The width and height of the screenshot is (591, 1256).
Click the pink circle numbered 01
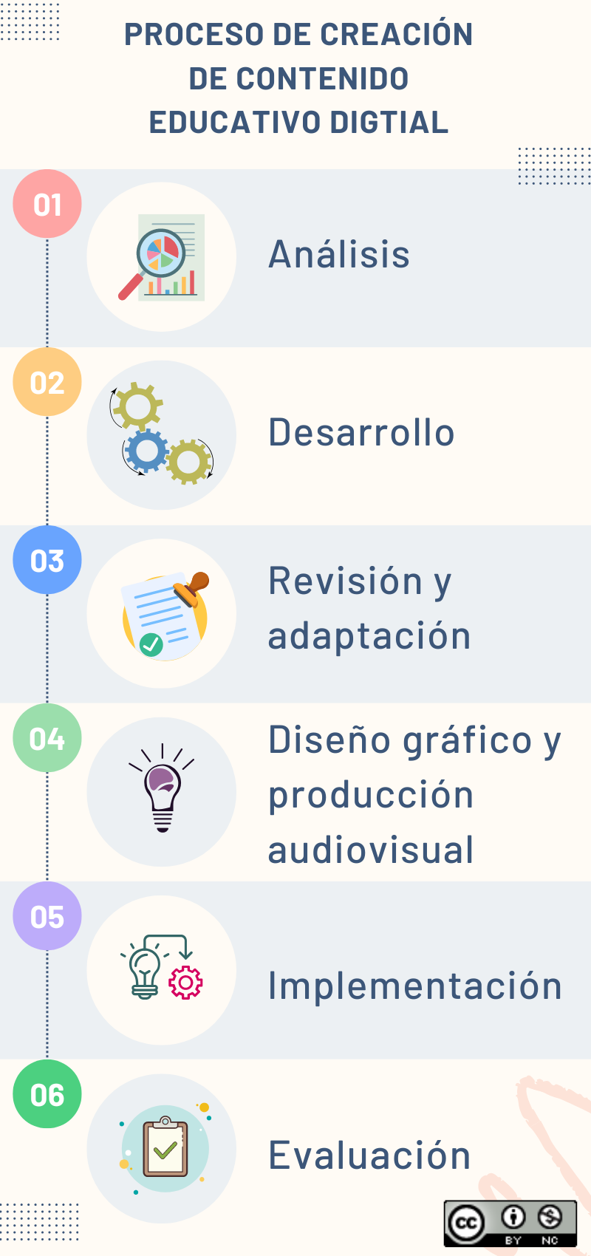(x=47, y=204)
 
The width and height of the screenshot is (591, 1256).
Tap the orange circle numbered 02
(x=47, y=382)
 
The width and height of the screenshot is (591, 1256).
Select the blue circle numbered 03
(x=47, y=560)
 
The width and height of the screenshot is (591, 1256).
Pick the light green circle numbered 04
(x=47, y=738)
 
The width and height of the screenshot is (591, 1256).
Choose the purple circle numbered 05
(x=47, y=916)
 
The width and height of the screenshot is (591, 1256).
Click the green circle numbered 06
(x=47, y=1094)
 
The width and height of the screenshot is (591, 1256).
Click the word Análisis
(x=339, y=254)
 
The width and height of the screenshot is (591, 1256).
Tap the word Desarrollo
(x=361, y=432)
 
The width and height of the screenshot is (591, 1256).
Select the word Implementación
(x=414, y=986)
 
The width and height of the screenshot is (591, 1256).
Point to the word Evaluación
(x=369, y=1155)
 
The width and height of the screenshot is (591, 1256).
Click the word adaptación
(x=369, y=635)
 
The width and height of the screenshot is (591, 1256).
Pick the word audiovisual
(x=371, y=850)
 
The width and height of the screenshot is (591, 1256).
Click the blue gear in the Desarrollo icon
(x=146, y=450)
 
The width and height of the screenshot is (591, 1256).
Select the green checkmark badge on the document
(x=151, y=644)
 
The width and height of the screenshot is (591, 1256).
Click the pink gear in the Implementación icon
(x=185, y=983)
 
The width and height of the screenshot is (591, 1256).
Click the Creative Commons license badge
(x=510, y=1223)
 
